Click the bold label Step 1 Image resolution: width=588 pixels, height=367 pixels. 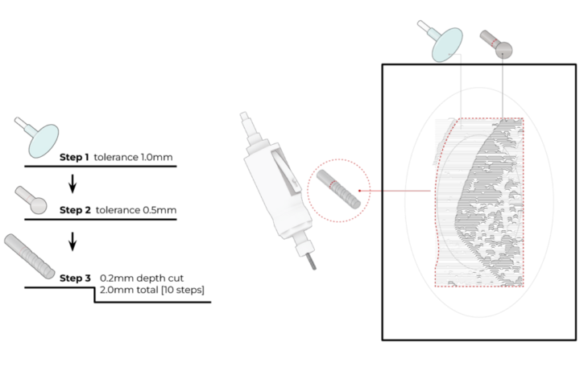pos(74,158)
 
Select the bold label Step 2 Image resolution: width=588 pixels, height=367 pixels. pos(76,210)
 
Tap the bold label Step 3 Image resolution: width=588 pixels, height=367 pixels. pos(76,278)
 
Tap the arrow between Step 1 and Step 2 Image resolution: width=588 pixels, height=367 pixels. pos(72,184)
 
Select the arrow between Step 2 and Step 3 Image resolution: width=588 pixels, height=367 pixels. pos(72,241)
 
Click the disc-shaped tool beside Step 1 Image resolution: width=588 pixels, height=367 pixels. pos(43,138)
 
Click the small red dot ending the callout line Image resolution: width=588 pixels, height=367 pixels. pos(358,192)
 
